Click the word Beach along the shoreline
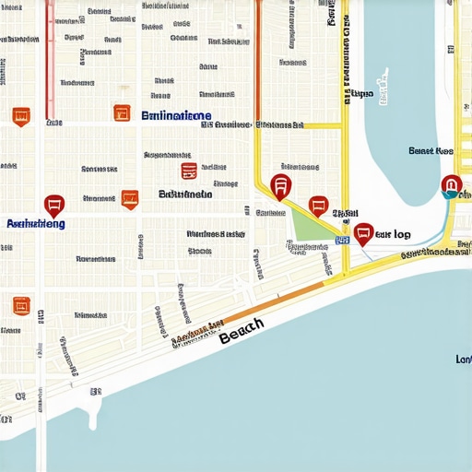(242, 331)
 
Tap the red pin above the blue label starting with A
(54, 206)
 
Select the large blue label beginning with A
(35, 224)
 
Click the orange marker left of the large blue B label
(122, 113)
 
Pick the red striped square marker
(189, 171)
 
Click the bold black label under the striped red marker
(185, 195)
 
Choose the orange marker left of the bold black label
(129, 198)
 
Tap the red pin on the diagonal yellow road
(281, 185)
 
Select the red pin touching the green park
(318, 206)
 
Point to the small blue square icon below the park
(342, 240)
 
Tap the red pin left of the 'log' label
(363, 232)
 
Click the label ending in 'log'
(394, 234)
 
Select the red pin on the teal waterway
(451, 185)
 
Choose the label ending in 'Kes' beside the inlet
(431, 150)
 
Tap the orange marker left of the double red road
(21, 117)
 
